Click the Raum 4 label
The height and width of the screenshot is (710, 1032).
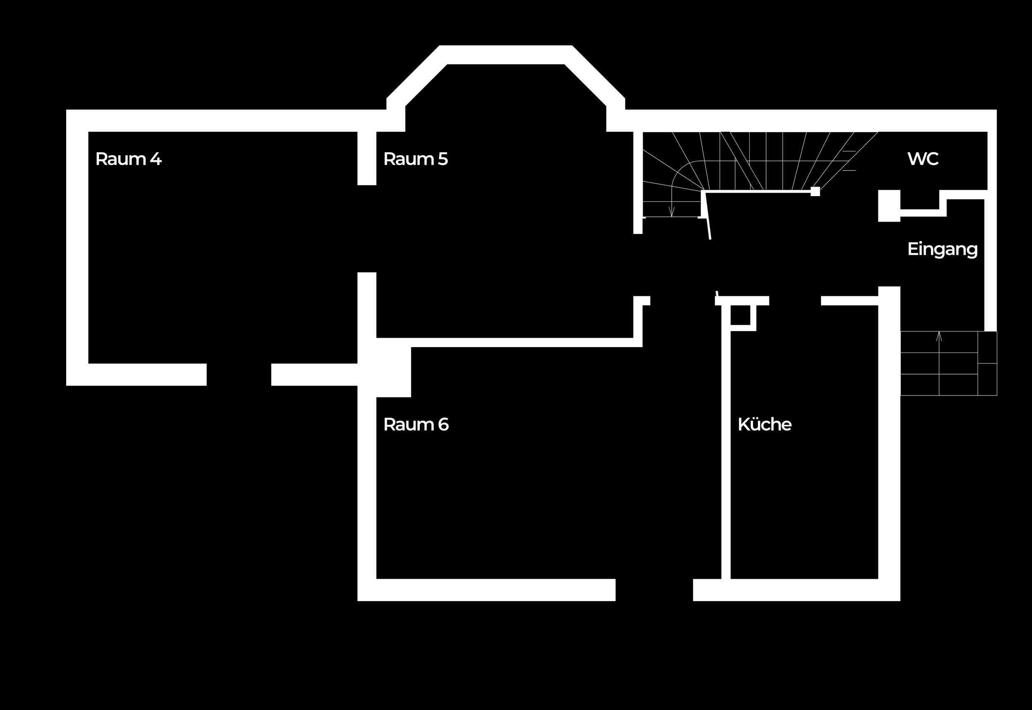(128, 159)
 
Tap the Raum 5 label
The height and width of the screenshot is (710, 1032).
(415, 159)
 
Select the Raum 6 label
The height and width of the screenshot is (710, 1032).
(416, 425)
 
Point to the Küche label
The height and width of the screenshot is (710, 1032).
(765, 425)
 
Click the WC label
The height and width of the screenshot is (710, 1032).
(923, 159)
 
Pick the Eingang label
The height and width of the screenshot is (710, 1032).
(942, 249)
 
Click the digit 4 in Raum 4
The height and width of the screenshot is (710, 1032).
(156, 159)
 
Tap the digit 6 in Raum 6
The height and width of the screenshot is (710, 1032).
(443, 425)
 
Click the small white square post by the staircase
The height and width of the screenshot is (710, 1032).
(815, 191)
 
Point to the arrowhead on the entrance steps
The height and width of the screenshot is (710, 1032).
(939, 336)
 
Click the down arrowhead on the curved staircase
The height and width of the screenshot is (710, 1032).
(672, 213)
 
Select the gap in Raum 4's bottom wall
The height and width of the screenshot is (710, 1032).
(239, 374)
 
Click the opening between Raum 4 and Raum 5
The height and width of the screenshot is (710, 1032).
(367, 228)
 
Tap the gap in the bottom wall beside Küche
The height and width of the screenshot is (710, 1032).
(654, 590)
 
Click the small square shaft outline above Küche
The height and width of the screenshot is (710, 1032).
(741, 315)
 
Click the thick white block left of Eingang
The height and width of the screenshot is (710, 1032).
(889, 206)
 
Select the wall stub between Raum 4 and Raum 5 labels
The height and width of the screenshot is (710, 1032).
(367, 158)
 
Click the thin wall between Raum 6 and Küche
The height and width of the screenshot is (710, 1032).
(726, 445)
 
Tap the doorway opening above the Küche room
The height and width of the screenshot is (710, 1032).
(795, 301)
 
